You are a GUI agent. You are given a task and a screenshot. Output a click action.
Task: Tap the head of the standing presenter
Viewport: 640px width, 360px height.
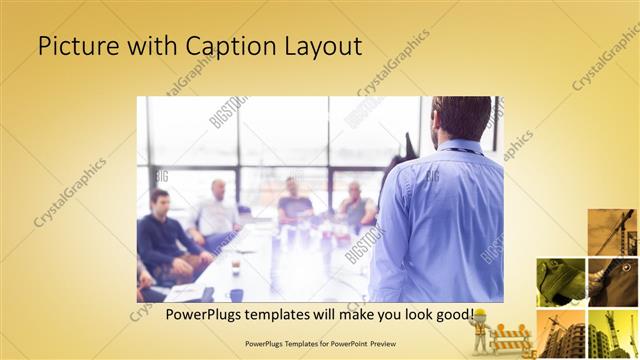pyautogui.click(x=462, y=118)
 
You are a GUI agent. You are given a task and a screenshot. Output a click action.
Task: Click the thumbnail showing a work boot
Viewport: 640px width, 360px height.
pyautogui.click(x=560, y=281)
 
